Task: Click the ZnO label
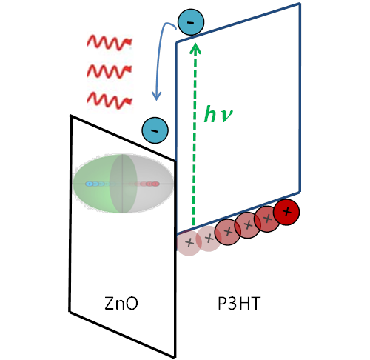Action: [x=121, y=303]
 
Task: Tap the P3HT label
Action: [x=239, y=303]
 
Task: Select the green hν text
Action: [x=218, y=114]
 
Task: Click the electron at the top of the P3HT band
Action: [x=191, y=22]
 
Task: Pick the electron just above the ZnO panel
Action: [x=155, y=130]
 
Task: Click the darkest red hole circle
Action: [x=286, y=212]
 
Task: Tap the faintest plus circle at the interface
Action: [x=189, y=243]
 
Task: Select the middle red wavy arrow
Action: [x=110, y=71]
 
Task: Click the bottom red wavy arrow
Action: [x=110, y=101]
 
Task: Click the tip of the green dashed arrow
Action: [x=196, y=44]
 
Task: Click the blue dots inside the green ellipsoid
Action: [x=95, y=184]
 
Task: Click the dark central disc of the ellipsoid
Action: [x=123, y=184]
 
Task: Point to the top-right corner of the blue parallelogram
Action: [x=300, y=4]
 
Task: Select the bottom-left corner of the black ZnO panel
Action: [x=70, y=312]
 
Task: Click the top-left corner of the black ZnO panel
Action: [x=70, y=116]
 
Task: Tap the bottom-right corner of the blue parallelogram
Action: [x=300, y=192]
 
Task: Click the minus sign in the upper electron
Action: [x=191, y=23]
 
